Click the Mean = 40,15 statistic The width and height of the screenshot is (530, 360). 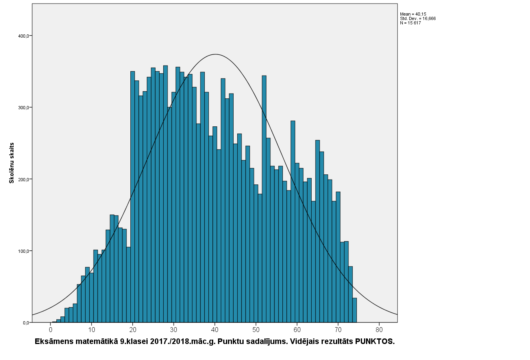pyautogui.click(x=413, y=14)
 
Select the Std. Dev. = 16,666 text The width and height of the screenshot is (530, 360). pyautogui.click(x=418, y=18)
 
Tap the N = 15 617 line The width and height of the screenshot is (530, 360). pyautogui.click(x=410, y=23)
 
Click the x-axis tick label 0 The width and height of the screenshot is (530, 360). pyautogui.click(x=51, y=330)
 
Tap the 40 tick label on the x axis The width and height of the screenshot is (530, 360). pyautogui.click(x=215, y=330)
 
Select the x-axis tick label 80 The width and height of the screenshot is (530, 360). pyautogui.click(x=379, y=330)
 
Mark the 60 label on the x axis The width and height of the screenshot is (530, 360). pyautogui.click(x=297, y=330)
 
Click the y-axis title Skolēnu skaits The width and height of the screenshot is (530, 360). pyautogui.click(x=12, y=163)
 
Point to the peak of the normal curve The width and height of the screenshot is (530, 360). pyautogui.click(x=215, y=54)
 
